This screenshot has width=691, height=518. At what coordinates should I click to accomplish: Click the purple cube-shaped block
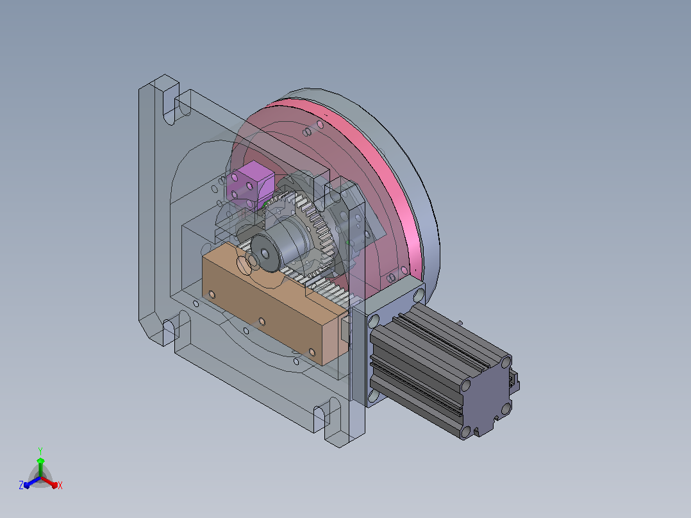point(250,185)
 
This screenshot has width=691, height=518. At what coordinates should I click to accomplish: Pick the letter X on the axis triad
point(60,485)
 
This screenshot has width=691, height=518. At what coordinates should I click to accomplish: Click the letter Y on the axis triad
point(40,451)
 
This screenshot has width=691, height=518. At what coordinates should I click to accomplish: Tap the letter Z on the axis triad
point(21,485)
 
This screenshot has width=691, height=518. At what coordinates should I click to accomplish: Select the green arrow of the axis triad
point(40,467)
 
